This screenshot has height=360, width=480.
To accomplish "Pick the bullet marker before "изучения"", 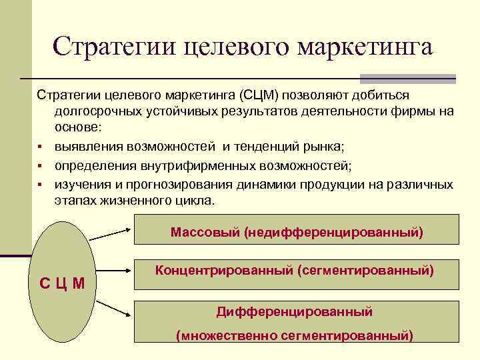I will click(x=41, y=185).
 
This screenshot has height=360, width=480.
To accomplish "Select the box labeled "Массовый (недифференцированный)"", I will click(x=297, y=230).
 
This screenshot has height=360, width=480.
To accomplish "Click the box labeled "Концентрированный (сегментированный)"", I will click(x=297, y=273).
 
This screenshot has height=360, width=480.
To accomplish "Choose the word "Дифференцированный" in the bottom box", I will click(x=294, y=311).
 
